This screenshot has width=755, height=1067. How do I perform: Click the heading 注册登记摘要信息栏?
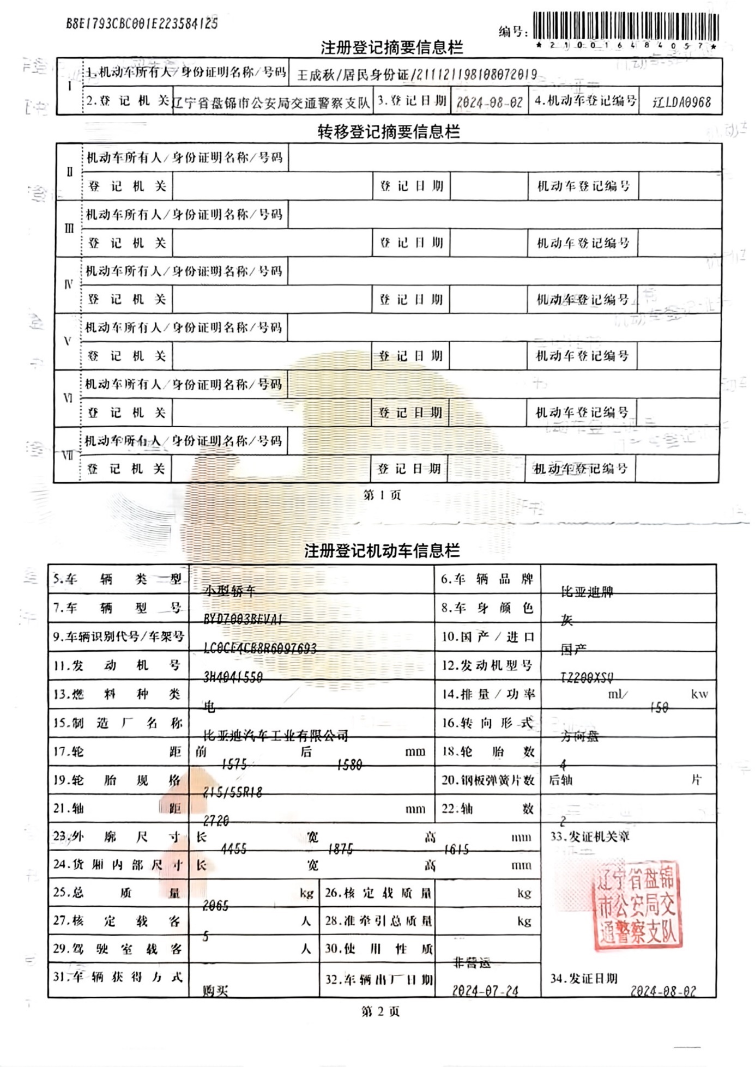pos(391,48)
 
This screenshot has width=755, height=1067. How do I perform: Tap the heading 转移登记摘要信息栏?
pos(389,132)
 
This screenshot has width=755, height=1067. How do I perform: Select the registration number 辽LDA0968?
pos(681,102)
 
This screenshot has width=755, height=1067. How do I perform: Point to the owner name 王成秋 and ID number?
pos(417,75)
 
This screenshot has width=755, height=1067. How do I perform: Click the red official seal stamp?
pos(636,905)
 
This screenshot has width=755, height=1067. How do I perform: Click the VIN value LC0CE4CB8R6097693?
pos(259,648)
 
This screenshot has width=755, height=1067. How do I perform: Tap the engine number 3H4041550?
pos(233,677)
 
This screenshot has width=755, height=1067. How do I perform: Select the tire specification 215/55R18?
pos(233,792)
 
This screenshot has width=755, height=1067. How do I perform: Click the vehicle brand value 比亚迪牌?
pos(587,592)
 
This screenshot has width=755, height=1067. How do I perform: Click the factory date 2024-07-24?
pos(485,991)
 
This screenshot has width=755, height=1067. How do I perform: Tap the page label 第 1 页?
pos(382,495)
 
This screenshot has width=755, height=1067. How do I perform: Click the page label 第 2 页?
pos(380,1011)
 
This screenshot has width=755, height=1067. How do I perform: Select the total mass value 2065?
pos(215,906)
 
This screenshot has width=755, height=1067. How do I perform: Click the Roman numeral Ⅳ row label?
pos(68,284)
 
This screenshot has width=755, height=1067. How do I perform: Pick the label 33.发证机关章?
pos(589,836)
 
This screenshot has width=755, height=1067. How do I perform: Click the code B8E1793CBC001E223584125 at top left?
pos(142,23)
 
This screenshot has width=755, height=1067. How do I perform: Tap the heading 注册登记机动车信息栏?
pos(382,550)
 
